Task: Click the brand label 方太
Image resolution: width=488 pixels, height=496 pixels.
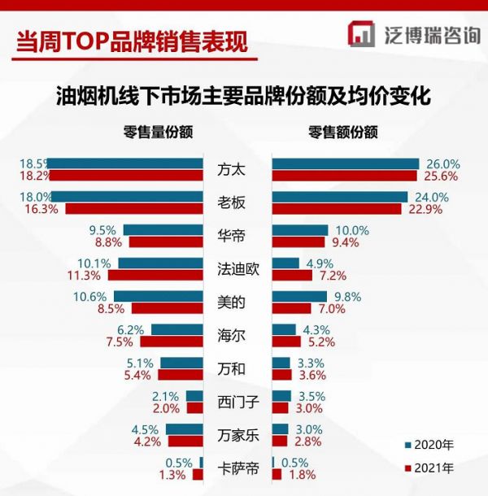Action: tap(231, 170)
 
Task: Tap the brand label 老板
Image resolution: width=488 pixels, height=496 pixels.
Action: tap(231, 203)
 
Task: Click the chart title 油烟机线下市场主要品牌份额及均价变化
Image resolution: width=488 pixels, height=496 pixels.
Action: tap(243, 95)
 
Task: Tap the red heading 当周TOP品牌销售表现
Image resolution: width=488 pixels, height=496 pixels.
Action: tap(131, 38)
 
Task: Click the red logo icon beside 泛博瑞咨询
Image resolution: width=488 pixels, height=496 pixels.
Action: tap(361, 35)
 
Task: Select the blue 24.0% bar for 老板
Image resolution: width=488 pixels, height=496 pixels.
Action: tap(339, 197)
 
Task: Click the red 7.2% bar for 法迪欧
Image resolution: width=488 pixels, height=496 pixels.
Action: tap(292, 275)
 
